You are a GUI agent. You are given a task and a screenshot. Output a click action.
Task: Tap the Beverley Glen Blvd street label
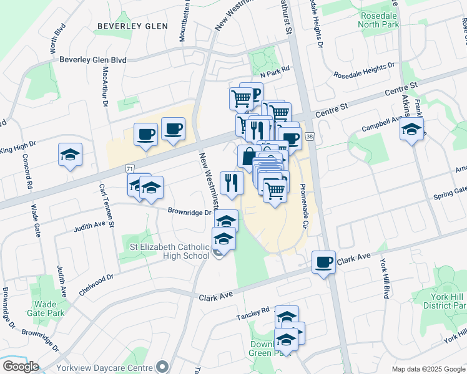(x=93, y=60)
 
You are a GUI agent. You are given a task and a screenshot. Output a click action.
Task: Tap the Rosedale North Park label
(x=378, y=20)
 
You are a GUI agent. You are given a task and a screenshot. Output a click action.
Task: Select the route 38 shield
(x=310, y=137)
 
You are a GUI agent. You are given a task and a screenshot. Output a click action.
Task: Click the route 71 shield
(x=129, y=168)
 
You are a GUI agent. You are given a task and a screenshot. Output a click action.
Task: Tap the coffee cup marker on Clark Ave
(x=323, y=261)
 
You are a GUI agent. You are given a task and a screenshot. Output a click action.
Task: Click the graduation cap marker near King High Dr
(x=70, y=155)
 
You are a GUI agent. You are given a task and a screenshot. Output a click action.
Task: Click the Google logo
(x=20, y=367)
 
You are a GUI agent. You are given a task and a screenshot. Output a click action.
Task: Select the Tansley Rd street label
(x=252, y=310)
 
